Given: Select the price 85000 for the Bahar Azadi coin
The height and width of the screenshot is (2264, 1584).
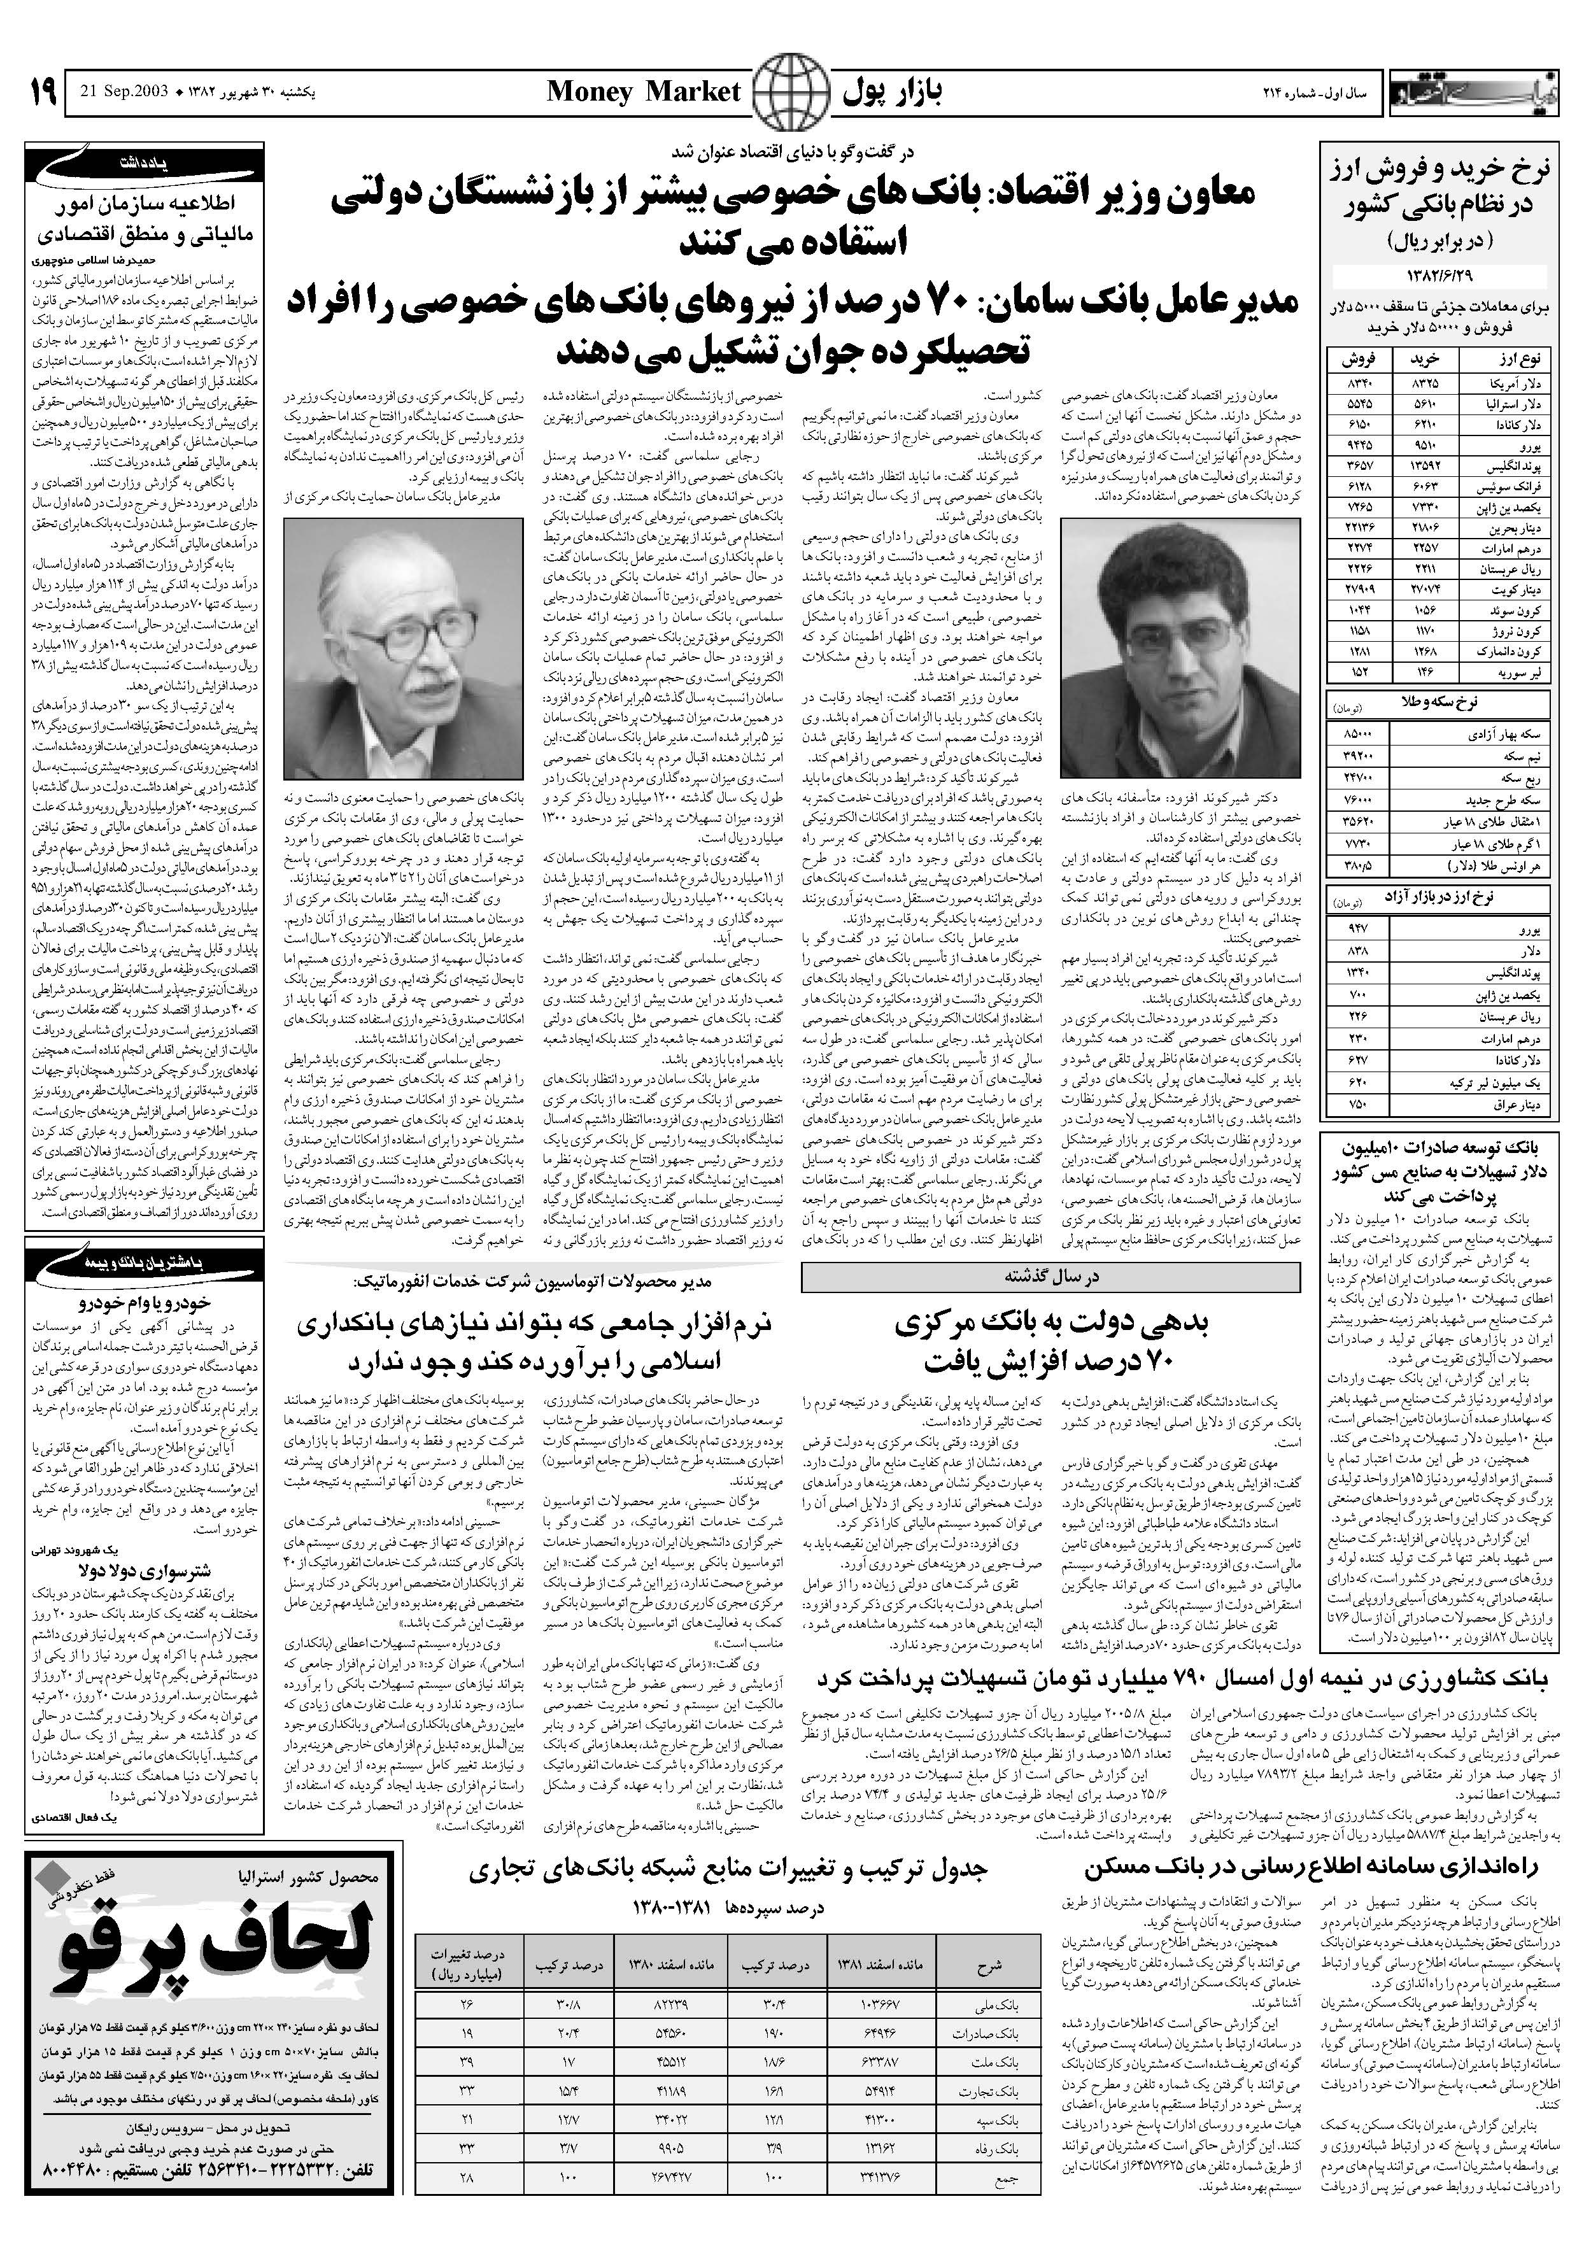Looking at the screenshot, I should click(x=1355, y=735).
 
